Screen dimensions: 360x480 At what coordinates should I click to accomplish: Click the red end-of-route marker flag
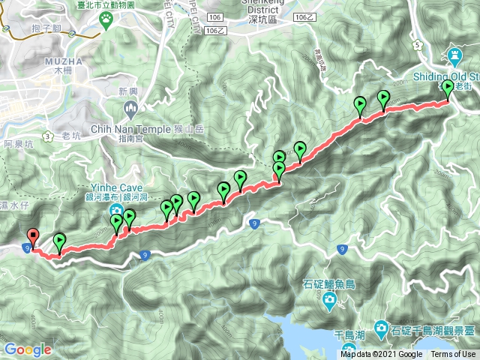[32, 236]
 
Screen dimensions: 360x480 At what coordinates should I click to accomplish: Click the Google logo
[28, 349]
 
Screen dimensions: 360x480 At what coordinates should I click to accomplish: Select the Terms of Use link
[453, 355]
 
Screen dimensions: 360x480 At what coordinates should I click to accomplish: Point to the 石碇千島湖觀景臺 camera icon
[381, 328]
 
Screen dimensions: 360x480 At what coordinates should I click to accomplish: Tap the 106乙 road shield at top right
[304, 16]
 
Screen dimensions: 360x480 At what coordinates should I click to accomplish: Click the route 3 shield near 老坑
[47, 136]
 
